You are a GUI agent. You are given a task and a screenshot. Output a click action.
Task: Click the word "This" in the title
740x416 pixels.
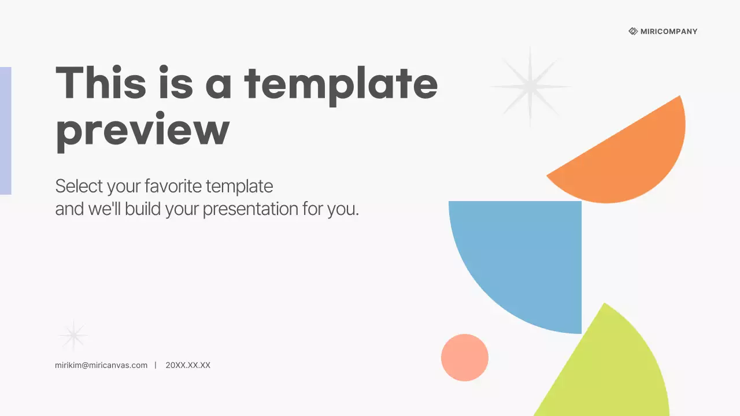click(x=101, y=82)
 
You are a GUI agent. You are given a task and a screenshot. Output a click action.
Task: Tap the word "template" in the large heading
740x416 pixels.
click(x=341, y=84)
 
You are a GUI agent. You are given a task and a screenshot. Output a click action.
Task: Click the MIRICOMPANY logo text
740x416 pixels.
click(x=669, y=31)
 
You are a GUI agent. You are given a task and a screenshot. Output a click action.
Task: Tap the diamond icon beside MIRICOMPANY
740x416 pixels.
click(x=633, y=31)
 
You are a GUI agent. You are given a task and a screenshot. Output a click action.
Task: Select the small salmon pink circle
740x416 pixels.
click(x=465, y=357)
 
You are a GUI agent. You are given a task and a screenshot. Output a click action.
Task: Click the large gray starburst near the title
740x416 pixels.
click(x=530, y=87)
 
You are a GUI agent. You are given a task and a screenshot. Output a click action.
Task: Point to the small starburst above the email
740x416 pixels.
click(x=73, y=335)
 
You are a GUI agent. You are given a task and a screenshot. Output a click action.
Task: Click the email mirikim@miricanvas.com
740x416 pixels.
click(x=101, y=365)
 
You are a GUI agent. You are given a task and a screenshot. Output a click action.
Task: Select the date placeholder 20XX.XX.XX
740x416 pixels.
click(x=188, y=365)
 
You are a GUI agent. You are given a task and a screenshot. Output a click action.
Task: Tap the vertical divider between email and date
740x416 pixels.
click(x=156, y=365)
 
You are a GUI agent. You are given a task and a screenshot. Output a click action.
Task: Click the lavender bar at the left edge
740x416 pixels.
click(x=5, y=131)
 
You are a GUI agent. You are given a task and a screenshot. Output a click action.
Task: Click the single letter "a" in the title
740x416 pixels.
click(x=219, y=84)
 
